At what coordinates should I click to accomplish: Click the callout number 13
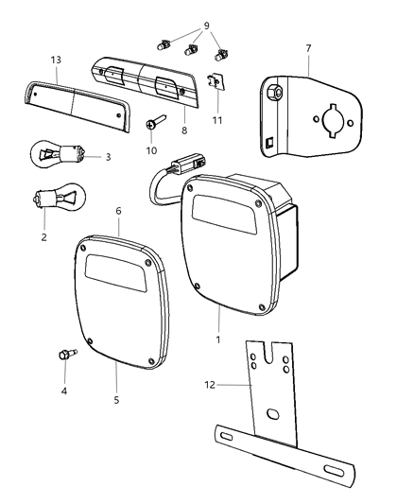(56, 59)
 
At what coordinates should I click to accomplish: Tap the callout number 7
(308, 45)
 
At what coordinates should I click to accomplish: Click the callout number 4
(64, 390)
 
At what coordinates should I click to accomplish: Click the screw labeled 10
(156, 126)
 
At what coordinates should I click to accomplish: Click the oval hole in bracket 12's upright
(271, 416)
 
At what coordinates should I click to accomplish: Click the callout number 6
(118, 211)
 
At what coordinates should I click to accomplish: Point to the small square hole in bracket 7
(271, 145)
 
